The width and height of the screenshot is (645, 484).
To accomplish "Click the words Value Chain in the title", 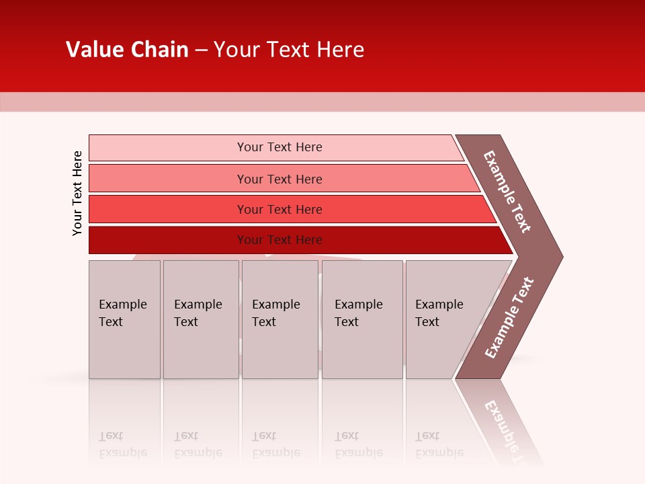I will pyautogui.click(x=127, y=50).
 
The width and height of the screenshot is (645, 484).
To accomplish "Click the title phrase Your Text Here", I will pyautogui.click(x=289, y=50).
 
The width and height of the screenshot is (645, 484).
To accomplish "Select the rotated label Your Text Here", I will pyautogui.click(x=77, y=193).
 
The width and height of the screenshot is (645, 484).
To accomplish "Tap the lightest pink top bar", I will pyautogui.click(x=168, y=147).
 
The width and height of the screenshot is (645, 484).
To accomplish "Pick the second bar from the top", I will pyautogui.click(x=168, y=178).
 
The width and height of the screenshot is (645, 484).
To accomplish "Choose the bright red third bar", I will pyautogui.click(x=168, y=209).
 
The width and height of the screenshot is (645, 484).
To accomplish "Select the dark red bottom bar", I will pyautogui.click(x=168, y=240).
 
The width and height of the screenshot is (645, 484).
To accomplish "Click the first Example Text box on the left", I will pyautogui.click(x=124, y=319).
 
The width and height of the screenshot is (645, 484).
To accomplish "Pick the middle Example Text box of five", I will pyautogui.click(x=279, y=319).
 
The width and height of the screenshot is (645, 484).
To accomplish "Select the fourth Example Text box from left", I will pyautogui.click(x=362, y=319).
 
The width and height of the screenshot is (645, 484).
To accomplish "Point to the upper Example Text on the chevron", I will pyautogui.click(x=507, y=192).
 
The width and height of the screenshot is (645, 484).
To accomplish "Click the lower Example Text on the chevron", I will pyautogui.click(x=509, y=317).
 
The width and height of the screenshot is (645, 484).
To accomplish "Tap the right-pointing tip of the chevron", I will pyautogui.click(x=559, y=256).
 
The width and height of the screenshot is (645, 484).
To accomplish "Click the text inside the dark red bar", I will pyautogui.click(x=279, y=240).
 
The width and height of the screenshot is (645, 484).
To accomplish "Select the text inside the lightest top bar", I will pyautogui.click(x=279, y=147).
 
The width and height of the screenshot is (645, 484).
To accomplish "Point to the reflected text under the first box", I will pyautogui.click(x=122, y=444).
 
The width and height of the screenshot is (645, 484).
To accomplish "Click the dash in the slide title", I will pyautogui.click(x=201, y=50).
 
